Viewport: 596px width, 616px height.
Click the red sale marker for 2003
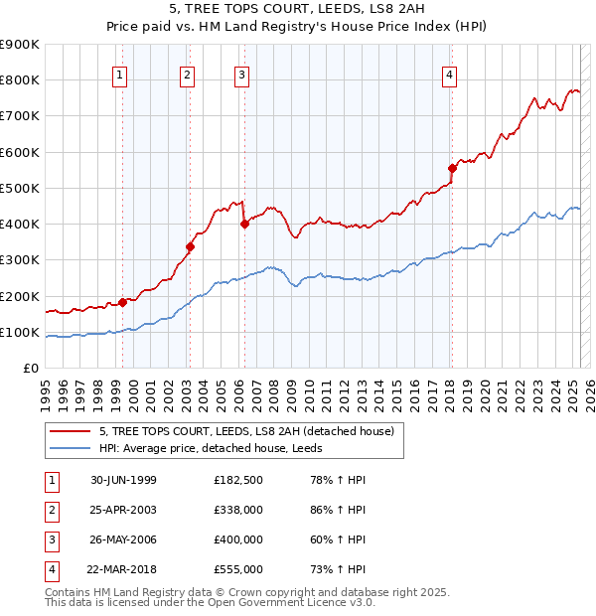[x=190, y=246]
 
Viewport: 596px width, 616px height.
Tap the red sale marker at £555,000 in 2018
[x=451, y=168]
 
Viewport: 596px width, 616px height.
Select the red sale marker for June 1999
[x=123, y=302]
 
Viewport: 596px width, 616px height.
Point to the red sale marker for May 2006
[x=244, y=224]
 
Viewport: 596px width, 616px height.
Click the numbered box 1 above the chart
[x=120, y=73]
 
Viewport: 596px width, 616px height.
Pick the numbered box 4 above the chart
[x=450, y=73]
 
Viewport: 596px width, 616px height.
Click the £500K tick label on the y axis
[x=20, y=188]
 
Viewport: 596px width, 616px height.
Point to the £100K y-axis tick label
[x=20, y=332]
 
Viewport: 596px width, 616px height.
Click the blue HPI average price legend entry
[x=218, y=449]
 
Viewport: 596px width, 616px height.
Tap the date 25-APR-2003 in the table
[x=123, y=510]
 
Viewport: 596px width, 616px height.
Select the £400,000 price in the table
[x=237, y=539]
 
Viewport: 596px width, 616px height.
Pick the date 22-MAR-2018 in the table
[x=123, y=569]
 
